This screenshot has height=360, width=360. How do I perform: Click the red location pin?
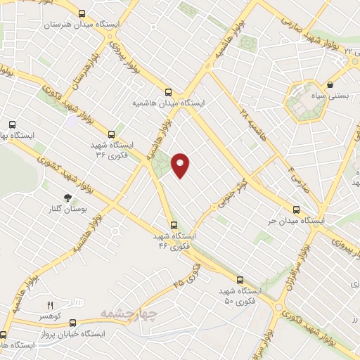[181, 165]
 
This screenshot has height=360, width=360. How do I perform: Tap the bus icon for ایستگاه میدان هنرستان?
[82, 13]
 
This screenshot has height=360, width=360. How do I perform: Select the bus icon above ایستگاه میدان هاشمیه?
[168, 91]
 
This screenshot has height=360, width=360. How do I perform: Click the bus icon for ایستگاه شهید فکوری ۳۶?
[110, 134]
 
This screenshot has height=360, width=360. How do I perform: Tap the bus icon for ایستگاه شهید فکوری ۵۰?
[240, 279]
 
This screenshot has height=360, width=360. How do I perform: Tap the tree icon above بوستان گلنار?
[67, 199]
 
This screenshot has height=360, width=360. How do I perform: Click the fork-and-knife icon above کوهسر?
[49, 305]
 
